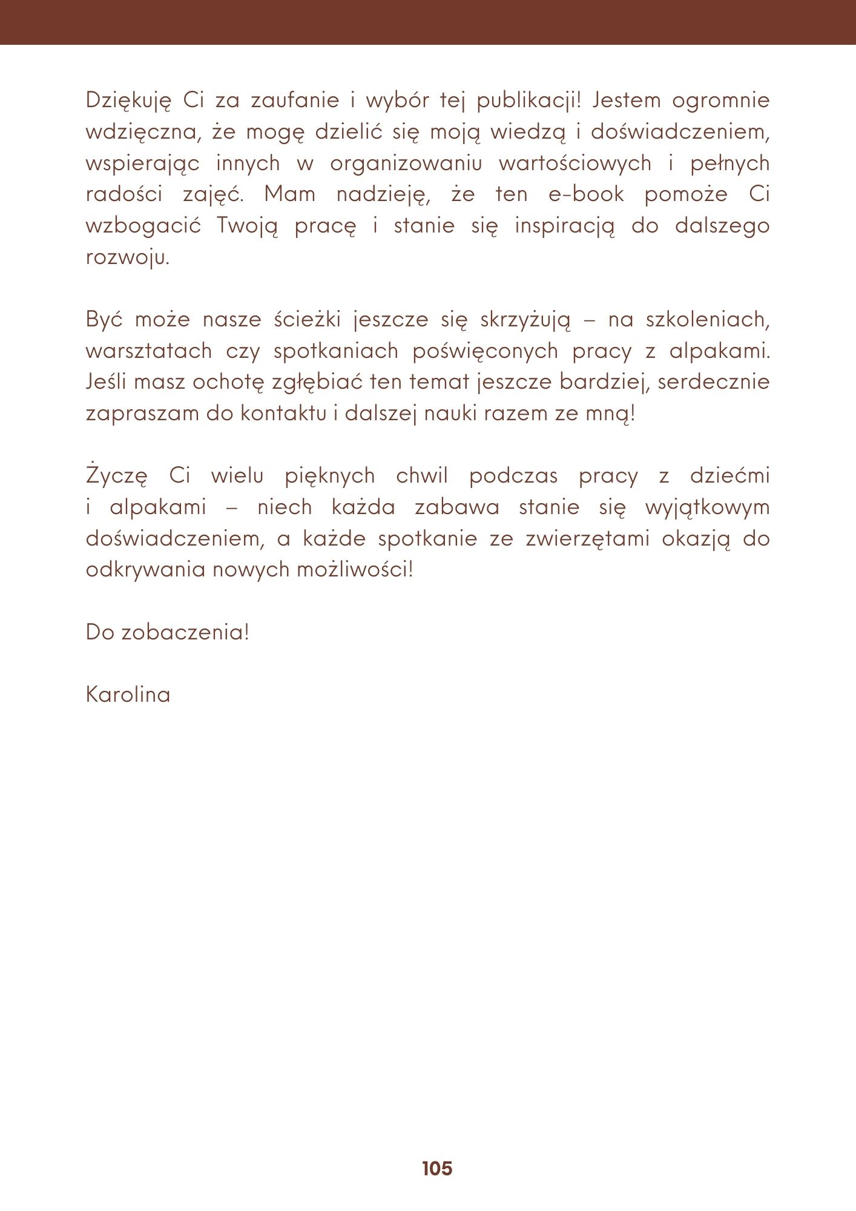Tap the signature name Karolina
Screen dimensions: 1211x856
pos(128,695)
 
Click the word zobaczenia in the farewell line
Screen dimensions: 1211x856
pos(185,632)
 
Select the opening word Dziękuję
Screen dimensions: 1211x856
pos(128,101)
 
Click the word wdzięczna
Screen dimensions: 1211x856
pos(143,132)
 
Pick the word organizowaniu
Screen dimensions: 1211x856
pos(406,163)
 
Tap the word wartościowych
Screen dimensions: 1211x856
pos(575,163)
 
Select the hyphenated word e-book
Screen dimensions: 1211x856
pos(586,194)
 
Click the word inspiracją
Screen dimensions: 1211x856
pos(564,226)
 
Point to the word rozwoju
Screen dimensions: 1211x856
pos(127,257)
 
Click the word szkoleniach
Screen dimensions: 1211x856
pos(707,320)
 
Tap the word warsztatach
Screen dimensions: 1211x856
pos(149,351)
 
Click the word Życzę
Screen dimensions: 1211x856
pos(116,476)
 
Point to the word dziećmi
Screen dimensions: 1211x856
pos(729,476)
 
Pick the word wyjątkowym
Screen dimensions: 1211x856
pos(707,507)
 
